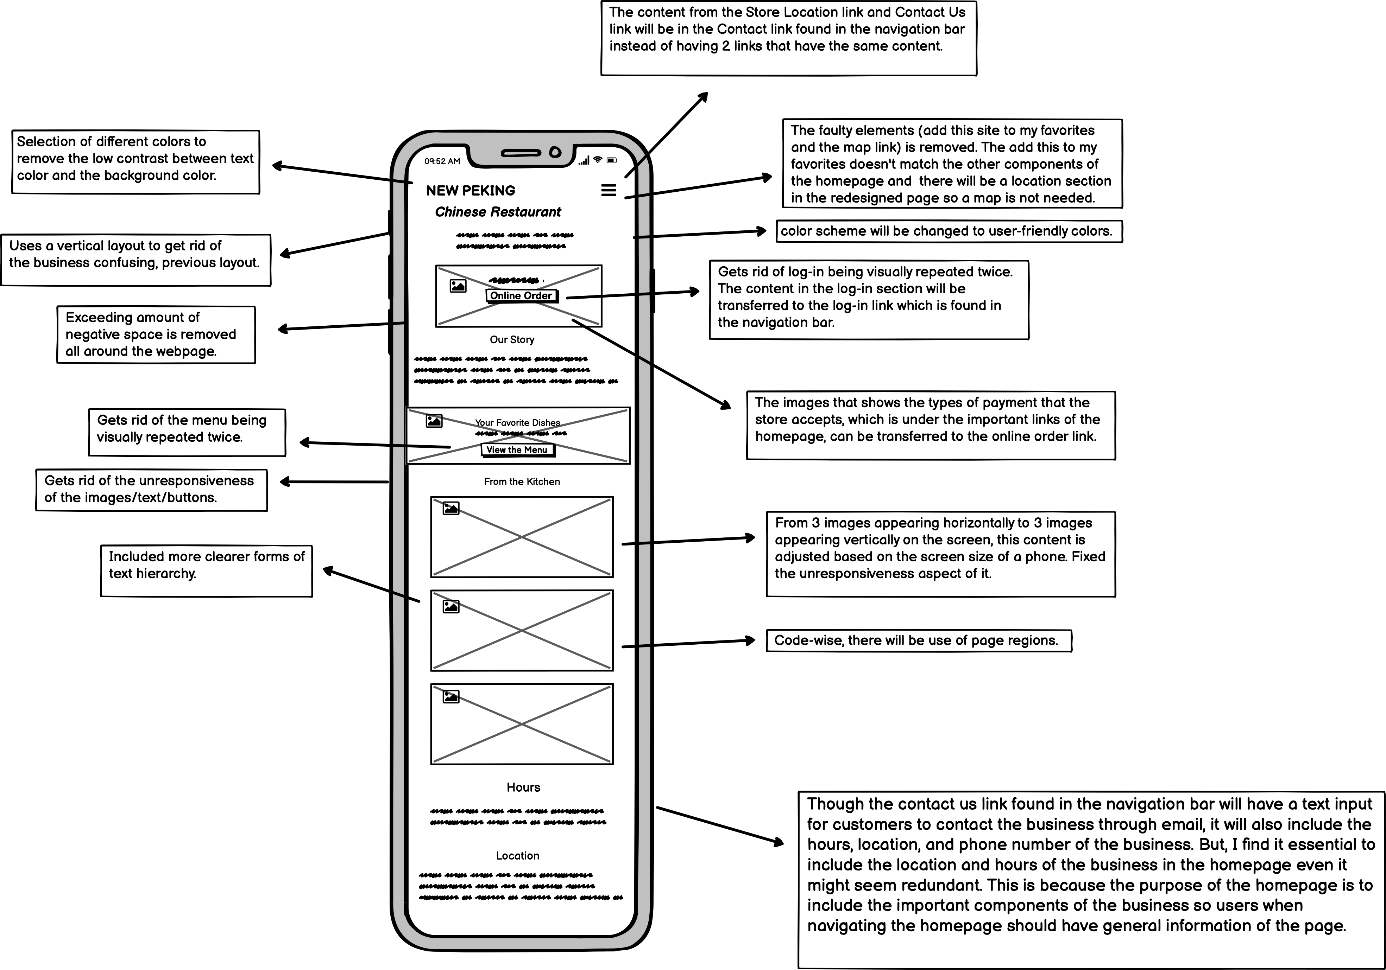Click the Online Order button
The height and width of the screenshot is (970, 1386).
(521, 295)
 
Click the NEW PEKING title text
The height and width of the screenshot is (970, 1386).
(470, 191)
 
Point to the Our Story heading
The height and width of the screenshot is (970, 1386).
(512, 340)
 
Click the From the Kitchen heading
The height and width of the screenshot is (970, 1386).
(522, 481)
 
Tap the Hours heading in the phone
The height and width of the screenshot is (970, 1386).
(523, 787)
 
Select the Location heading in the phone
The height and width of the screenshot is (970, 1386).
(517, 855)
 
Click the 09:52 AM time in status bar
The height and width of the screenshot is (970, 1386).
(442, 161)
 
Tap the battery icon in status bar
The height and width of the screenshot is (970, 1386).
(611, 160)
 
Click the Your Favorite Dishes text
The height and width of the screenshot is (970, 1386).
(517, 422)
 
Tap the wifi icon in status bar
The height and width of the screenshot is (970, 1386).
(598, 160)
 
